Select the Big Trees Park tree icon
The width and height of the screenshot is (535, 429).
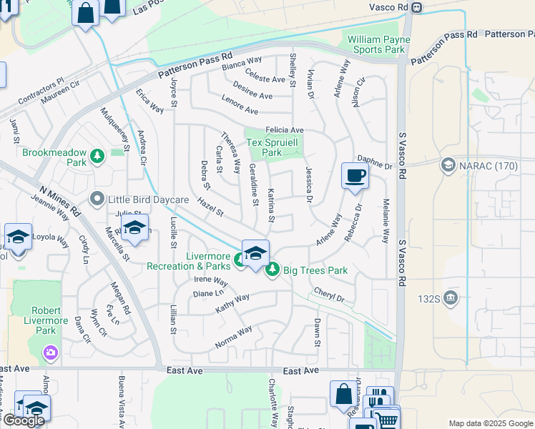tap(272, 270)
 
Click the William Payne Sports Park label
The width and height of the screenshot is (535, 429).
tap(376, 44)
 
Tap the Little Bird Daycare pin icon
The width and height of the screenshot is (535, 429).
tap(98, 199)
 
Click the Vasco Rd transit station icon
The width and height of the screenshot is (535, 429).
tap(418, 7)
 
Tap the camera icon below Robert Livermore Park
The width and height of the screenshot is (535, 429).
tap(50, 352)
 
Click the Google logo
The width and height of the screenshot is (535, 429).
tap(24, 420)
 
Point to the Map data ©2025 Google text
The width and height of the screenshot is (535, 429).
tap(491, 423)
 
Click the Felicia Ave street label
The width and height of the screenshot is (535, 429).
tap(285, 130)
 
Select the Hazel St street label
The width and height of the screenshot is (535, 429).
tap(210, 208)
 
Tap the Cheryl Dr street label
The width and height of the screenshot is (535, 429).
tap(330, 297)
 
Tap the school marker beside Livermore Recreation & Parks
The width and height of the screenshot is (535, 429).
tap(255, 253)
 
